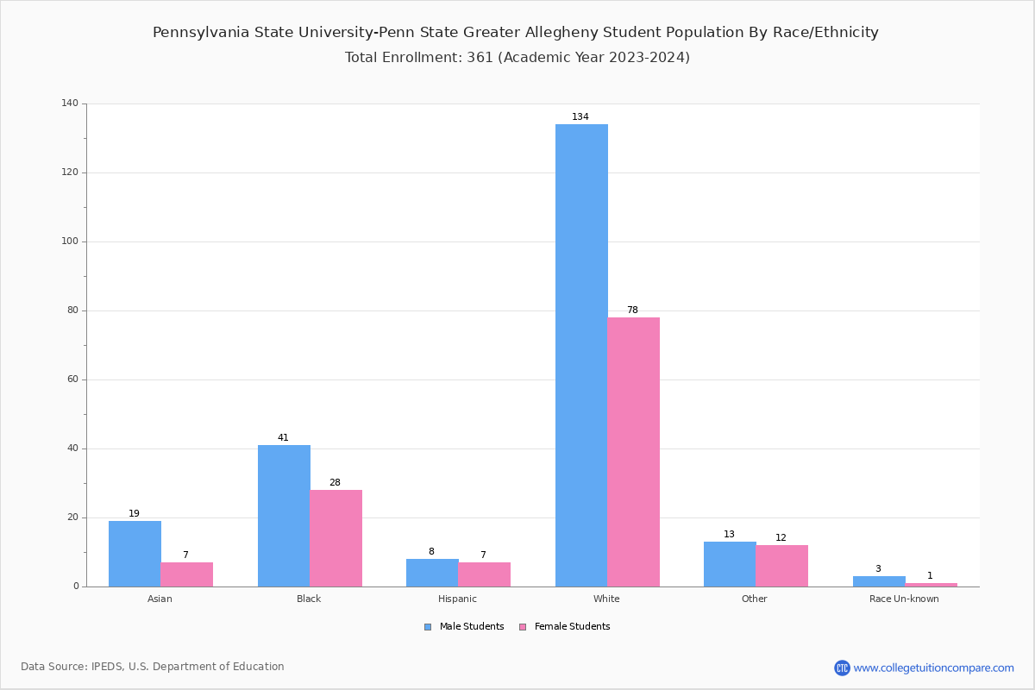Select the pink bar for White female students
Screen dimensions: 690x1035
pos(633,452)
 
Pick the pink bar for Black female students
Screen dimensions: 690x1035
pos(336,538)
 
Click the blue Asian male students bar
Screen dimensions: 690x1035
pos(135,554)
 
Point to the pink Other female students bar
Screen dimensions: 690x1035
pos(781,566)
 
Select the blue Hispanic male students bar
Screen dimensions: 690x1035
pos(432,573)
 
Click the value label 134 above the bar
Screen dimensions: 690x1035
pos(580,117)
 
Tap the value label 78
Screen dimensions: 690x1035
pos(632,310)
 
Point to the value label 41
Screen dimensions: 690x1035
pos(283,438)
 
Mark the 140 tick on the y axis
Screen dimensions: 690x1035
pos(70,103)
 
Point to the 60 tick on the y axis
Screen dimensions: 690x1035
pos(72,379)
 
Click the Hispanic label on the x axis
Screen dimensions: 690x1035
pos(457,599)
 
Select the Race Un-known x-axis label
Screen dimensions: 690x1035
pos(904,599)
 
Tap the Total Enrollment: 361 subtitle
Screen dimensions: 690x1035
pos(517,58)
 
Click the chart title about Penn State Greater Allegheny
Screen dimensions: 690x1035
pos(516,33)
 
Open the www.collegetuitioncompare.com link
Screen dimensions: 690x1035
pos(933,668)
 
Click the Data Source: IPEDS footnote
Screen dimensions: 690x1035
pos(153,667)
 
